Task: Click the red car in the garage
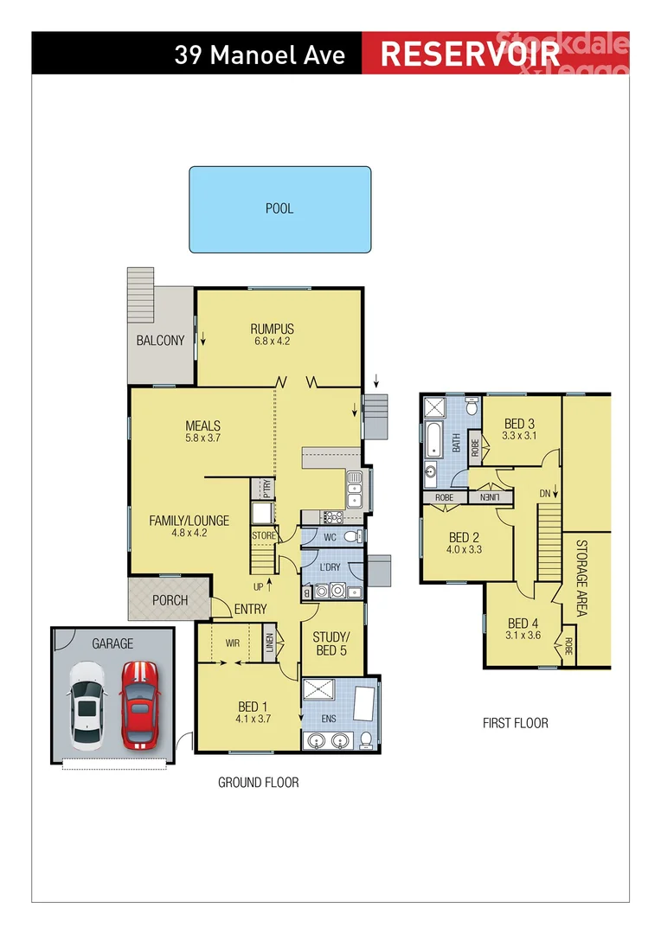click(138, 705)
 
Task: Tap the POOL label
click(279, 208)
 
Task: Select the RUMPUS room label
click(273, 329)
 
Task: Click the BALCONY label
click(160, 341)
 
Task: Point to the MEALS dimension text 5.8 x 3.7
click(202, 438)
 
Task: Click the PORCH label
click(170, 600)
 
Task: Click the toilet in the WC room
click(350, 537)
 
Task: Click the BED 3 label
click(519, 424)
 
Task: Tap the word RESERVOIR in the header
click(470, 54)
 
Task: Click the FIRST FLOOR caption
click(515, 723)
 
